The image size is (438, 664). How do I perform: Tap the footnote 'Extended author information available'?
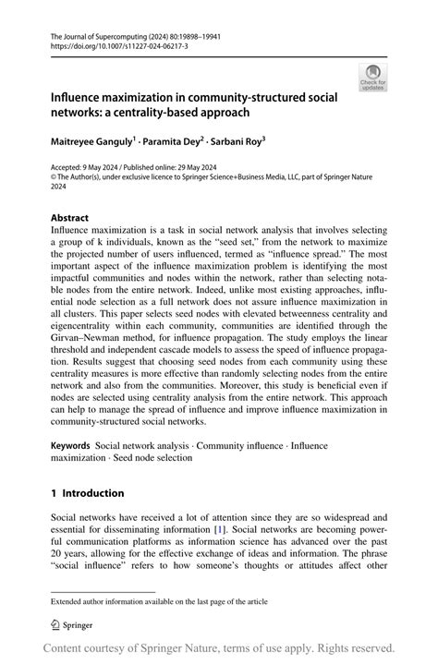tap(158, 601)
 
